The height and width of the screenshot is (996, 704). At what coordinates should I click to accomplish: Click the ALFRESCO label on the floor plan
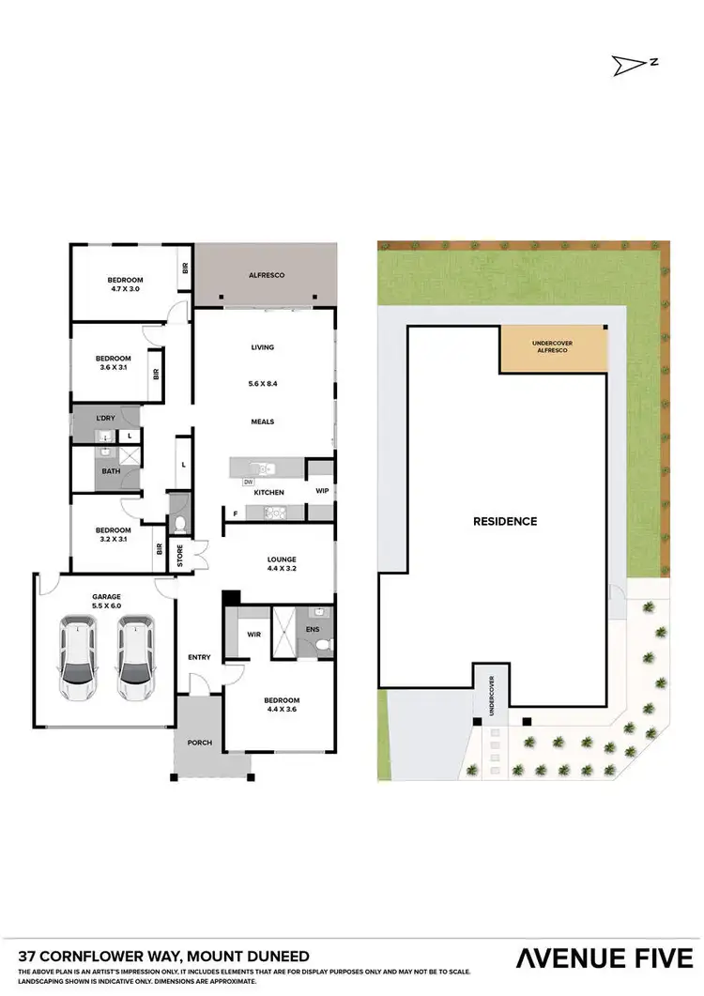point(266,275)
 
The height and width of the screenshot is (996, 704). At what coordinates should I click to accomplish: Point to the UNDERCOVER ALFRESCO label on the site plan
point(552,347)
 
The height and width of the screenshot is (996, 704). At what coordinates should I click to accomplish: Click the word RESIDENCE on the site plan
point(504,521)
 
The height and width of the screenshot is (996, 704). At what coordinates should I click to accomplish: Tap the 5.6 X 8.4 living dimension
point(263,384)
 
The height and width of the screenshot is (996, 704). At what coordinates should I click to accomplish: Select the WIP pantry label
point(321,490)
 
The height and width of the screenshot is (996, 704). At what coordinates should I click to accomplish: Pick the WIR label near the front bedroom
point(252,636)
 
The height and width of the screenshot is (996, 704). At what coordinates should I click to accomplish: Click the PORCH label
point(199,743)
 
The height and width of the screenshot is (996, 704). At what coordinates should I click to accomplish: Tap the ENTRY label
point(199,657)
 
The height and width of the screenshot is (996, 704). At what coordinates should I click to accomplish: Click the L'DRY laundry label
point(106,417)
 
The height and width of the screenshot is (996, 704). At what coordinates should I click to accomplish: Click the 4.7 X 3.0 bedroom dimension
point(125,291)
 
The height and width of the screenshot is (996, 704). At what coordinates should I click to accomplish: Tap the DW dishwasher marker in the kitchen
point(249,482)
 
